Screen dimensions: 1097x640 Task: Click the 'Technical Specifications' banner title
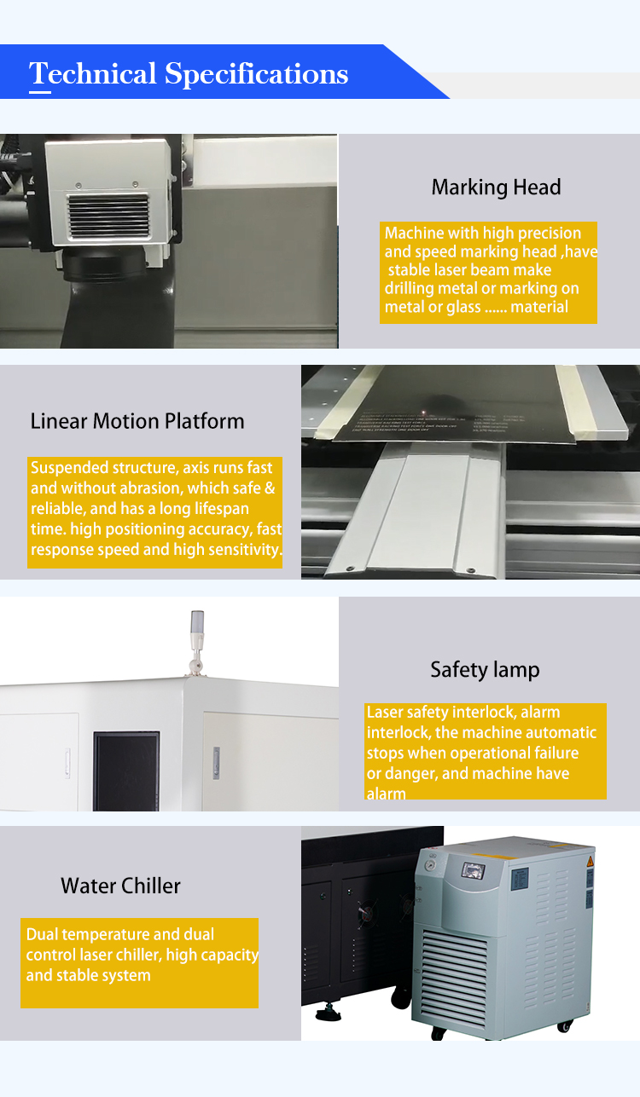coord(189,74)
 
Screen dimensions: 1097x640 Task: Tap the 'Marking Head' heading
coord(496,188)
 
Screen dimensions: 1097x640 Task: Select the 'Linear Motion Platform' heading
coord(137,421)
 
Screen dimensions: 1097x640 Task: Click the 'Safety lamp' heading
coord(485,670)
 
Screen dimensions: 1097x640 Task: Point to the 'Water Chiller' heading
coord(120,886)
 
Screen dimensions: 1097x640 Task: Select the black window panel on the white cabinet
coord(126,759)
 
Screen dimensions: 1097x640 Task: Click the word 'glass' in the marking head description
coord(464,307)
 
